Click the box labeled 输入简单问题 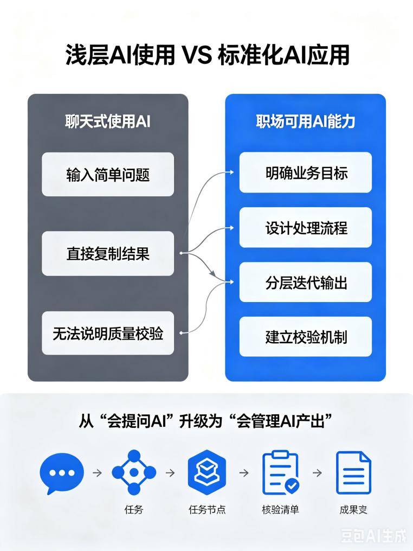coord(108,174)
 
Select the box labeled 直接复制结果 coord(108,253)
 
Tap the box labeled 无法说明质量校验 coord(108,333)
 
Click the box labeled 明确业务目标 coord(306,172)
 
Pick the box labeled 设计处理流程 coord(306,227)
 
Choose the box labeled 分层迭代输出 coord(306,282)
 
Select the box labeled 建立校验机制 coord(306,337)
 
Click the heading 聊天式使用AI coord(108,121)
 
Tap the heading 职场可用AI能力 coord(306,121)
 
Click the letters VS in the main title coord(197,55)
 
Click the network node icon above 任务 coord(134,472)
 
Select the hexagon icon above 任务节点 coord(207,472)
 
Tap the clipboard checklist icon coord(281,473)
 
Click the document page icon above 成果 coord(353,473)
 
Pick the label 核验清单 coord(280,510)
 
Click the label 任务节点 coord(207,510)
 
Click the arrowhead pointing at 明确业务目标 coord(231,172)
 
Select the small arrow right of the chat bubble coord(97,473)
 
